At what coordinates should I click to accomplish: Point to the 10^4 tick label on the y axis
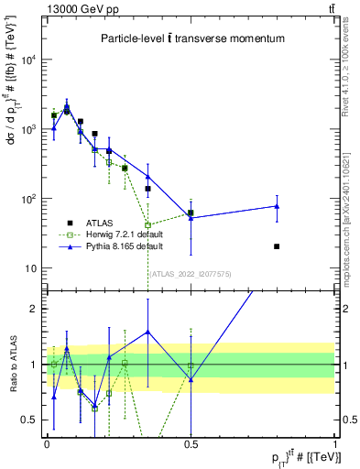(28, 60)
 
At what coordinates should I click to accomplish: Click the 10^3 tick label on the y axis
(28, 130)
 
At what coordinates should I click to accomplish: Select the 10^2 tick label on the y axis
(28, 199)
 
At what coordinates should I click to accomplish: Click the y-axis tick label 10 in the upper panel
(30, 268)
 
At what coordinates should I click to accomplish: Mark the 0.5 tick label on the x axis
(191, 446)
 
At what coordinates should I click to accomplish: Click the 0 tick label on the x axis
(47, 446)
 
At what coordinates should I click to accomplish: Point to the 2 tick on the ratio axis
(34, 309)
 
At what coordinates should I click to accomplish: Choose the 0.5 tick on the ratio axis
(31, 420)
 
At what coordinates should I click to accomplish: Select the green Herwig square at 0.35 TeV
(147, 224)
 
